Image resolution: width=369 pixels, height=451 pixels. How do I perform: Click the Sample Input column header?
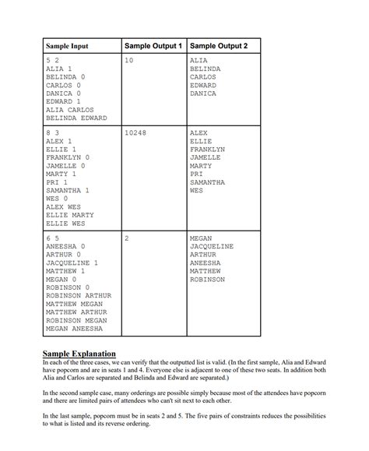(67, 47)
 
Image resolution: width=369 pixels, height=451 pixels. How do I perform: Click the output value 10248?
(135, 132)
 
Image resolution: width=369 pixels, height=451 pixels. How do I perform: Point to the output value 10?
(129, 60)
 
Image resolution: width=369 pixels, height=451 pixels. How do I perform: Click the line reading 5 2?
(53, 60)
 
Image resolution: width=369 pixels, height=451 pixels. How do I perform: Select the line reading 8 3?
(53, 132)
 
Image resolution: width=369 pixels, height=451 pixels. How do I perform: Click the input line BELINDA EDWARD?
(76, 118)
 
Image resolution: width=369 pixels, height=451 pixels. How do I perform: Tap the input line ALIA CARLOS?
(70, 110)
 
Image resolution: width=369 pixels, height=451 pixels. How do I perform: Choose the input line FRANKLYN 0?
(69, 157)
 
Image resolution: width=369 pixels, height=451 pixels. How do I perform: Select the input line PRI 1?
(58, 182)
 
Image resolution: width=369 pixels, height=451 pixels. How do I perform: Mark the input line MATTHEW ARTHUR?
(76, 312)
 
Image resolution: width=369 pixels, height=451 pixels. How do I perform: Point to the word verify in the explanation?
(155, 362)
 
